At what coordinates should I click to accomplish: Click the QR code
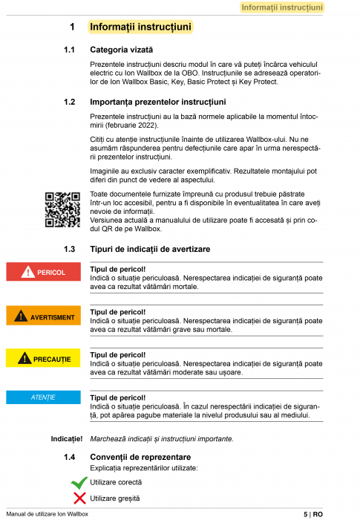[x=62, y=209]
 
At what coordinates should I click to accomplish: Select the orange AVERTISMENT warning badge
[x=43, y=317]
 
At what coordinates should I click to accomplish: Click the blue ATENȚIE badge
[x=43, y=397]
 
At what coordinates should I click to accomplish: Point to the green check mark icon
[x=78, y=483]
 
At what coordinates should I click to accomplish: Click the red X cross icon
[x=78, y=498]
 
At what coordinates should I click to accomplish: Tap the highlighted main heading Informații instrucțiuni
[x=141, y=27]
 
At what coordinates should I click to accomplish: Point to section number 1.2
[x=71, y=101]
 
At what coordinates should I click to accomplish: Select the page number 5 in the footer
[x=305, y=514]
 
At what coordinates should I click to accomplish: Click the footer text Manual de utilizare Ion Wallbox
[x=47, y=514]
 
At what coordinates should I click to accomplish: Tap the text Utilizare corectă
[x=115, y=483]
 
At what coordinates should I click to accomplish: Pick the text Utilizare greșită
[x=115, y=498]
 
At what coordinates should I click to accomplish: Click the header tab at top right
[x=282, y=7]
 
